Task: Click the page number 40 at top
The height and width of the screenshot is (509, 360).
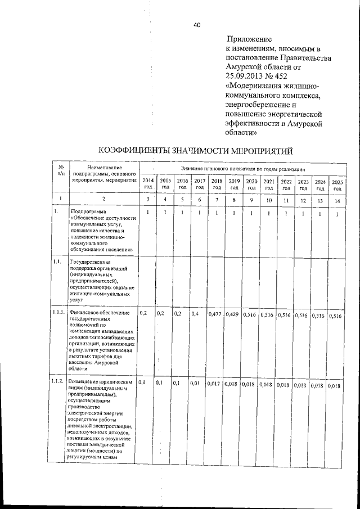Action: [197, 25]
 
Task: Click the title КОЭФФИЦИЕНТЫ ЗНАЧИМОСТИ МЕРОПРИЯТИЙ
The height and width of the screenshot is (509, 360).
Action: [196, 151]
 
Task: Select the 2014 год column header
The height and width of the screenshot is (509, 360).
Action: [148, 184]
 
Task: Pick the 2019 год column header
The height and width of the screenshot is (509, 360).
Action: [234, 184]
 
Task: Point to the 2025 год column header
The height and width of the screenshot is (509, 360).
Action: [337, 184]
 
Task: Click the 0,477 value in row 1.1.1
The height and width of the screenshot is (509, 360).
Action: [215, 314]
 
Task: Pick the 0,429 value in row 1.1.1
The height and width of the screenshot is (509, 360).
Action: [232, 314]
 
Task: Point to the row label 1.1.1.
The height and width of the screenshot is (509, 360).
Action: [57, 312]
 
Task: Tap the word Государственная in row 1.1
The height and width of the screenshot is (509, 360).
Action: [91, 262]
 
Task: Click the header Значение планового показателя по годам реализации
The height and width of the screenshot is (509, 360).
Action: [243, 169]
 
